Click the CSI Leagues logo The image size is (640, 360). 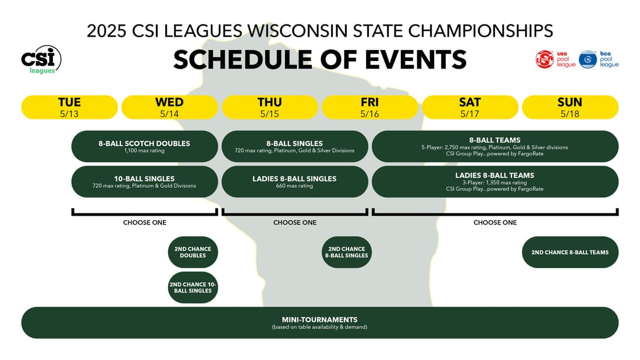41,59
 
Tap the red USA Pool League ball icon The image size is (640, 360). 544,59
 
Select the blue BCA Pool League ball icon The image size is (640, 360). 588,59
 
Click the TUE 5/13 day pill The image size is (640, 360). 69,108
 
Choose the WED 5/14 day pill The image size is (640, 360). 169,108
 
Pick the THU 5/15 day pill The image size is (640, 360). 270,108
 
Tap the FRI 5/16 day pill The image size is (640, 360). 370,108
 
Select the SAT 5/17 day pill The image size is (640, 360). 470,108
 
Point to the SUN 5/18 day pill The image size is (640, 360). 570,108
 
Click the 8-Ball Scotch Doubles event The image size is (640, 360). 144,147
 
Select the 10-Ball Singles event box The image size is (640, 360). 144,181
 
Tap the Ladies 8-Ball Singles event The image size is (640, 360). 295,181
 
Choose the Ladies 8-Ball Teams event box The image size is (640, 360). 495,181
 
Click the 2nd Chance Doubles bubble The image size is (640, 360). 193,252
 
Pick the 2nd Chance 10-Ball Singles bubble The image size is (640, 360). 193,287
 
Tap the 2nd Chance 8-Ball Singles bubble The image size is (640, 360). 347,252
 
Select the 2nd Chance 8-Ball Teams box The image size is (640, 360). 570,252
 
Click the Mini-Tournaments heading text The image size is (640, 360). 319,320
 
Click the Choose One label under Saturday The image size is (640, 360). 495,222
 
